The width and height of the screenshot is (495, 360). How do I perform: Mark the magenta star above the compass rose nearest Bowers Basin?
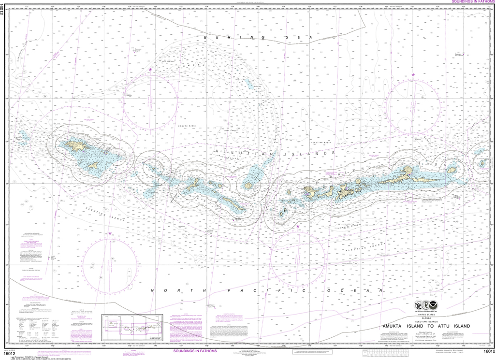tap(150, 70)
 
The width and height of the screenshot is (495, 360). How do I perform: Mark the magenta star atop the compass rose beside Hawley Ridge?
tap(298, 226)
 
